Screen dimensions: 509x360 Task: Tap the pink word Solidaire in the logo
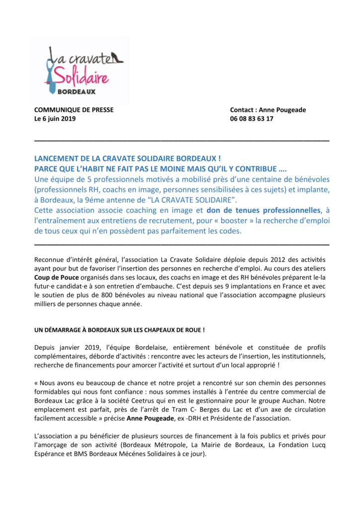point(82,77)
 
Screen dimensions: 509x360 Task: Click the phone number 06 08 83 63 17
point(251,119)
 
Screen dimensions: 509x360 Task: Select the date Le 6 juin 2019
point(55,119)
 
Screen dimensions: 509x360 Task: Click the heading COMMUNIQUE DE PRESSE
point(74,110)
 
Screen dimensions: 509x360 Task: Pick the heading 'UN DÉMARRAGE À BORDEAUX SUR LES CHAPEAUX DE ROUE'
point(120,330)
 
